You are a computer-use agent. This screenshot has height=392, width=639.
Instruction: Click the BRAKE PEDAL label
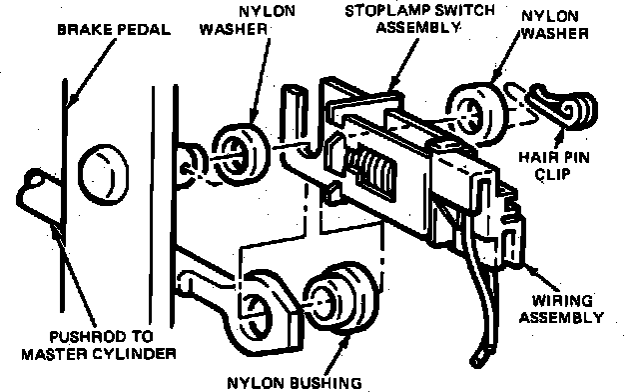tap(114, 29)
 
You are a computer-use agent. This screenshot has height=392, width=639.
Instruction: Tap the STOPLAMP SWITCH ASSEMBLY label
tap(419, 19)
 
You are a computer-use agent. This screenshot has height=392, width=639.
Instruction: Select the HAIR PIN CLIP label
tap(553, 166)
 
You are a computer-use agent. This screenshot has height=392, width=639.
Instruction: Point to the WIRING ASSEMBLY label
tap(561, 309)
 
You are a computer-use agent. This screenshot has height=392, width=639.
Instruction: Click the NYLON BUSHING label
tap(295, 383)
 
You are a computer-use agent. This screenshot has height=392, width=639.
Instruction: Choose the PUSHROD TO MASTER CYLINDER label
tap(99, 345)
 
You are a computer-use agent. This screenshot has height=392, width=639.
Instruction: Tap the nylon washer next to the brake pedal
tap(241, 154)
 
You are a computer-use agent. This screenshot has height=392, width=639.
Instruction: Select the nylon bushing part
tap(341, 298)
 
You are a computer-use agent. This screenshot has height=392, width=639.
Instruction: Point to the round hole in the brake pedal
tap(103, 172)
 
